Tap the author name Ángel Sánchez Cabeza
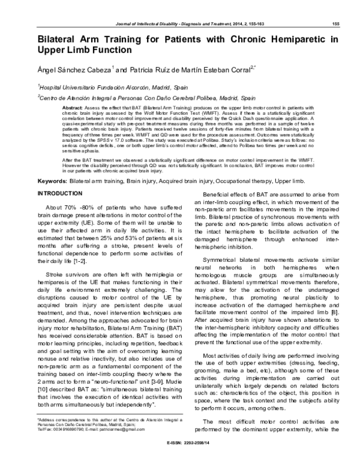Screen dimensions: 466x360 pyautogui.click(x=74, y=71)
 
